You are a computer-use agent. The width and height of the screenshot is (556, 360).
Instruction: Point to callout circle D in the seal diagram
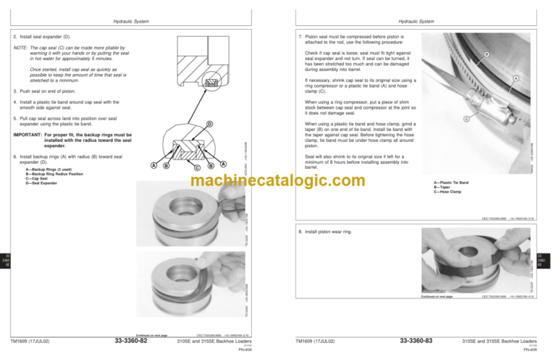tap(208, 124)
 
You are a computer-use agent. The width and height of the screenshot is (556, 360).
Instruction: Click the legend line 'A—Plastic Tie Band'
tap(452, 183)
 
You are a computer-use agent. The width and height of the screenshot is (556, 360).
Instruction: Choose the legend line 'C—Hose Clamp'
tap(448, 192)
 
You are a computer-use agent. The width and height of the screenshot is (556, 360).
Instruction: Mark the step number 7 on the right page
tap(300, 36)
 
